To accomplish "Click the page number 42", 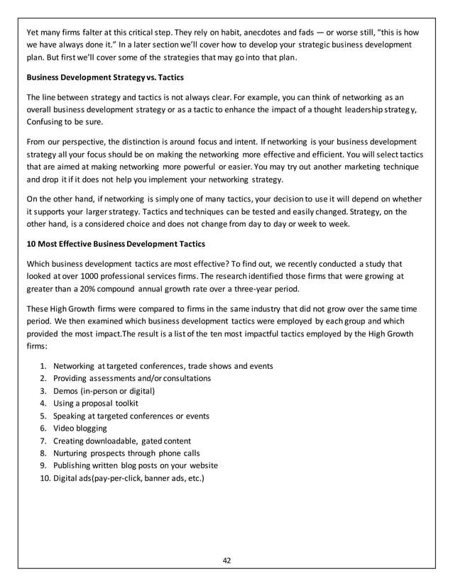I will [x=226, y=560].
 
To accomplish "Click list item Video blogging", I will [x=80, y=428].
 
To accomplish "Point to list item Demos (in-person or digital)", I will [x=104, y=390].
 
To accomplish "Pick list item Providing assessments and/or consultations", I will [x=131, y=378].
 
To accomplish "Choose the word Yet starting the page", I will [x=33, y=32].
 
